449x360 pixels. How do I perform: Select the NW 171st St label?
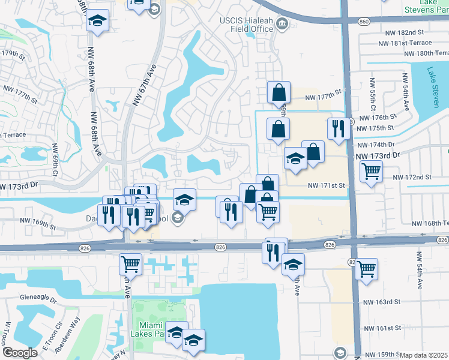click(327, 185)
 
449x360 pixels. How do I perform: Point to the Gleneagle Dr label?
click(38, 297)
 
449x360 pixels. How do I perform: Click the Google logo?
click(20, 353)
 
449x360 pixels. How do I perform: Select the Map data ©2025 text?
click(423, 355)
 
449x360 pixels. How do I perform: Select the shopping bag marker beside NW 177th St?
click(279, 93)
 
